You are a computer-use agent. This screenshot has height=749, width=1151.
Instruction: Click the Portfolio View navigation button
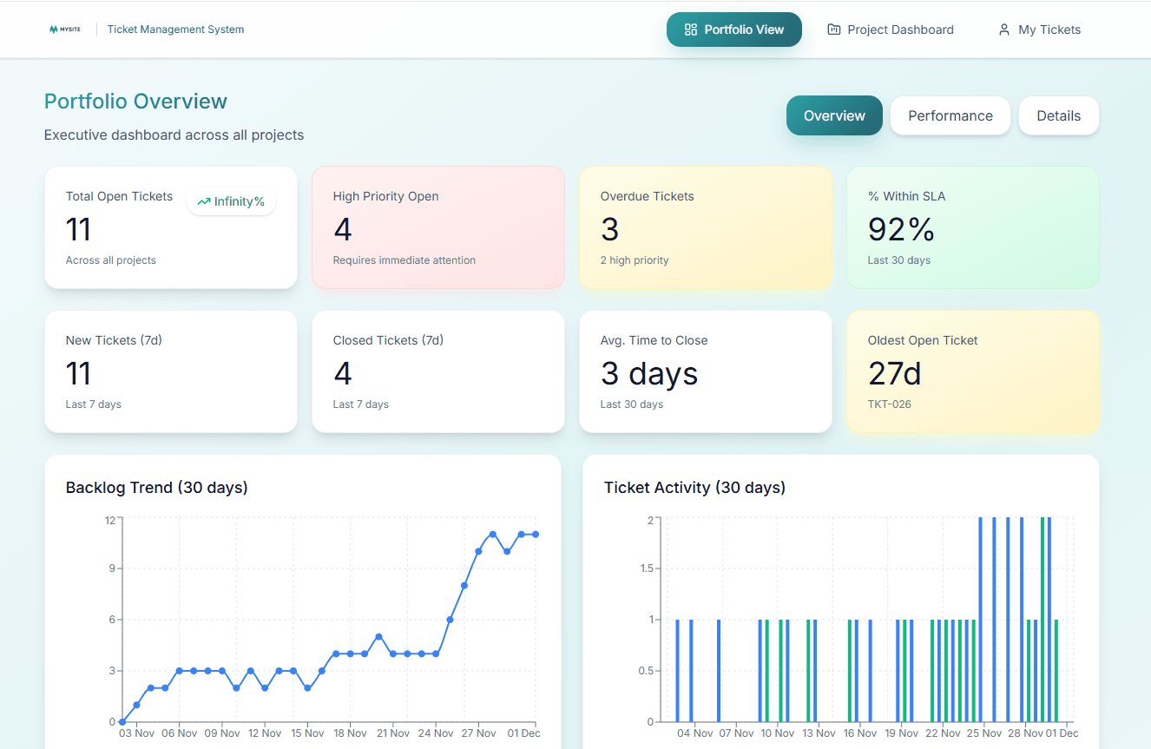pyautogui.click(x=733, y=30)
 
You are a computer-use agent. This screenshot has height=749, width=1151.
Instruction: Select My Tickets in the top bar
pyautogui.click(x=1039, y=30)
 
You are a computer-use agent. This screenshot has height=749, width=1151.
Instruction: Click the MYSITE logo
pyautogui.click(x=65, y=30)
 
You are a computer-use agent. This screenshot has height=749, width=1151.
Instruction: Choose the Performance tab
pyautogui.click(x=950, y=115)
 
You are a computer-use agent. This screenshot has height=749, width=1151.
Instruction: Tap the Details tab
pyautogui.click(x=1058, y=115)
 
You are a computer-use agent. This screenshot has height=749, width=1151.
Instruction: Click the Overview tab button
pyautogui.click(x=833, y=115)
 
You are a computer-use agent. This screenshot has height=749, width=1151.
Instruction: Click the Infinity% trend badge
pyautogui.click(x=231, y=201)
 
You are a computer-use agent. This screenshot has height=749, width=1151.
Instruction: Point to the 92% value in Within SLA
pyautogui.click(x=901, y=229)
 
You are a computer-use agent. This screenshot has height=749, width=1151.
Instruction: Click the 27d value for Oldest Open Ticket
pyautogui.click(x=894, y=373)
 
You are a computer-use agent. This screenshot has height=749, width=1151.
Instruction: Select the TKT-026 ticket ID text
pyautogui.click(x=890, y=404)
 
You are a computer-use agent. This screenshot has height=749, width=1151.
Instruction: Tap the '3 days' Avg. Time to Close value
pyautogui.click(x=648, y=373)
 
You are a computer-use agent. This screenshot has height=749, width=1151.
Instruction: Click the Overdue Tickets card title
pyautogui.click(x=647, y=196)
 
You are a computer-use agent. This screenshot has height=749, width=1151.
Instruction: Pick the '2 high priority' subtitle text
pyautogui.click(x=634, y=260)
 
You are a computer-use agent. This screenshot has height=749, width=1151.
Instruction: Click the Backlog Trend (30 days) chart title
pyautogui.click(x=156, y=488)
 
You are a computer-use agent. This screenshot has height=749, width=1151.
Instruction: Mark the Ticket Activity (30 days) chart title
pyautogui.click(x=694, y=488)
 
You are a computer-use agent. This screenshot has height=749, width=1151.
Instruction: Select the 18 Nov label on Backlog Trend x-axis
pyautogui.click(x=350, y=733)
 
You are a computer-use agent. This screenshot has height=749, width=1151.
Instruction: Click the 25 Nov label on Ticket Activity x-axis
pyautogui.click(x=984, y=733)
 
